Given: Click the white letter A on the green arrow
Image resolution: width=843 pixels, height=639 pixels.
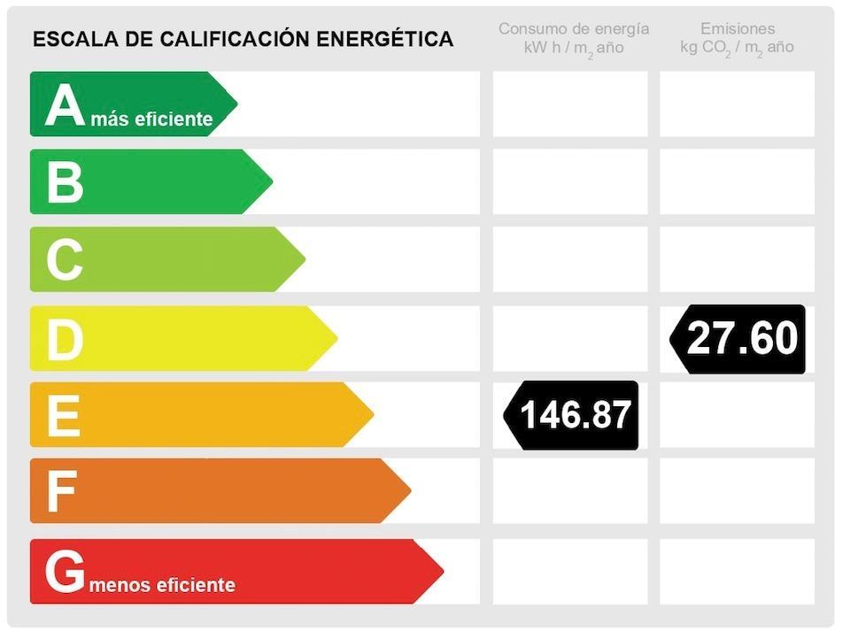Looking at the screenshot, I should pyautogui.click(x=65, y=106).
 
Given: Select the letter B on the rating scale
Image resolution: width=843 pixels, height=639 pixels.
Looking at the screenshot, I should pyautogui.click(x=65, y=182).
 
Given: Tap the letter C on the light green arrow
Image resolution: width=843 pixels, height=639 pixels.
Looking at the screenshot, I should pyautogui.click(x=65, y=260).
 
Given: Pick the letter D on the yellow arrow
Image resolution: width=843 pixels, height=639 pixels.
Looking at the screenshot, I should pyautogui.click(x=65, y=339).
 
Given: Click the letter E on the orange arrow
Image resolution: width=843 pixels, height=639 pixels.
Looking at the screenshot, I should pyautogui.click(x=63, y=415).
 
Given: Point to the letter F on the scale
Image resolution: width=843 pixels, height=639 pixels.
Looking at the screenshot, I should pyautogui.click(x=61, y=492).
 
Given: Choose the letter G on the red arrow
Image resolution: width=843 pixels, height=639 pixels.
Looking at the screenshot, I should pyautogui.click(x=65, y=572).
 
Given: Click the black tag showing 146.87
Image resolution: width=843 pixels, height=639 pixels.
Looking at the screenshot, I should pyautogui.click(x=573, y=415).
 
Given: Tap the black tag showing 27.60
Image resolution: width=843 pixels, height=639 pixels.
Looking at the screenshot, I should pyautogui.click(x=739, y=338).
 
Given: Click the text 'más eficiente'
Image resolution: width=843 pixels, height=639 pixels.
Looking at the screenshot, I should pyautogui.click(x=151, y=119).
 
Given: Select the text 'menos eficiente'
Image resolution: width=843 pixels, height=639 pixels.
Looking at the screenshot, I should pyautogui.click(x=162, y=585).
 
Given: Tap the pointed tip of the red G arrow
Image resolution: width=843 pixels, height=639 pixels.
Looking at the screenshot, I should pyautogui.click(x=441, y=572).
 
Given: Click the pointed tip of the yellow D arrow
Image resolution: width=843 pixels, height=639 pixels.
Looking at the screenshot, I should pyautogui.click(x=336, y=338).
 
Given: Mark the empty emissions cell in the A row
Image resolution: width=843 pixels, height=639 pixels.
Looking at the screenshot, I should pyautogui.click(x=737, y=104).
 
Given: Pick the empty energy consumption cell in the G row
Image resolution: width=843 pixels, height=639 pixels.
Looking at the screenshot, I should pyautogui.click(x=570, y=572).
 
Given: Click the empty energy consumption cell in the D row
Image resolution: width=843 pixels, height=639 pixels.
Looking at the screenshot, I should pyautogui.click(x=570, y=338).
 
